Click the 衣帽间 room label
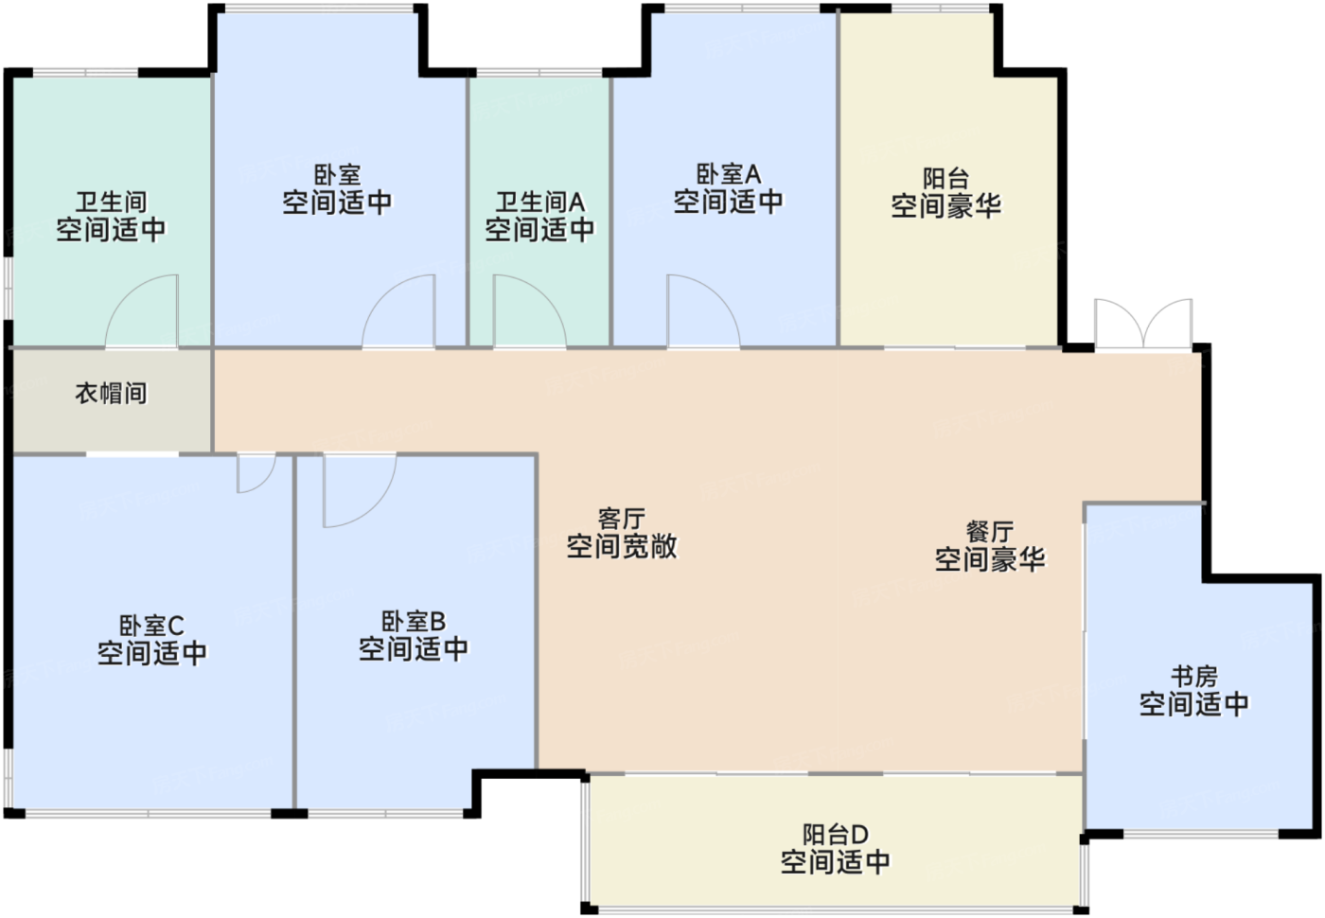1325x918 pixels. coord(111,393)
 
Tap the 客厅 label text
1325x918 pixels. coord(622,519)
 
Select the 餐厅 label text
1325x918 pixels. coord(990,532)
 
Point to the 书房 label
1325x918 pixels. coord(1194,677)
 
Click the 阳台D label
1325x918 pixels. coord(835,835)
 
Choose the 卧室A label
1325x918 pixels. coord(728,174)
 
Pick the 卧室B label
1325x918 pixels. coord(413,622)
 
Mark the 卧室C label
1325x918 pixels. coord(151,626)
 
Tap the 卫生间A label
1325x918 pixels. coord(539,202)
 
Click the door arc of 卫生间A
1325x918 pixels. coord(527,310)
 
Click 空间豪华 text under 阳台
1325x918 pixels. coord(945,205)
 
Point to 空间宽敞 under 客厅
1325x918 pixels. coord(622,546)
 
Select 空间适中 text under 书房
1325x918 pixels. coord(1194,704)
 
